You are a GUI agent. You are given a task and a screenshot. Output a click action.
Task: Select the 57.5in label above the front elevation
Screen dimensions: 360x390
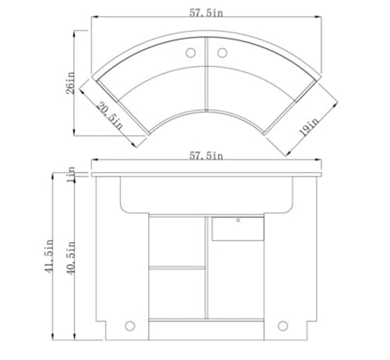pyautogui.click(x=206, y=156)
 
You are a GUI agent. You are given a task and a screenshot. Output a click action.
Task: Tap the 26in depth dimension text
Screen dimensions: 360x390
pyautogui.click(x=70, y=81)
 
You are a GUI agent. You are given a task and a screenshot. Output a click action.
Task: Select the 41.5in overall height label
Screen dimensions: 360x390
pyautogui.click(x=48, y=257)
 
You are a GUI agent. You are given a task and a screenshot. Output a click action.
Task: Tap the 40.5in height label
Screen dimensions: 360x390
pyautogui.click(x=71, y=257)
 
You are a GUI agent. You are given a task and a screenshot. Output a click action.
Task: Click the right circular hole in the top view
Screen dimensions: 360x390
pyautogui.click(x=222, y=53)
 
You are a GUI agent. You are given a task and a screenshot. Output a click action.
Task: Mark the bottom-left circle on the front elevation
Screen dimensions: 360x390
pyautogui.click(x=130, y=325)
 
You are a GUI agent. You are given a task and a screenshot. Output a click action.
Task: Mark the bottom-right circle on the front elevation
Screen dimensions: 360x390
pyautogui.click(x=283, y=325)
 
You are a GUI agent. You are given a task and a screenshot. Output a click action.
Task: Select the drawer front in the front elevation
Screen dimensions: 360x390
pyautogui.click(x=238, y=228)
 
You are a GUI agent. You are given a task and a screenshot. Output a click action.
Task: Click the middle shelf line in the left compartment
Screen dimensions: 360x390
pyautogui.click(x=177, y=267)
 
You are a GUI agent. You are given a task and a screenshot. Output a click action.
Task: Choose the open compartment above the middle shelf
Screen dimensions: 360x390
pyautogui.click(x=177, y=242)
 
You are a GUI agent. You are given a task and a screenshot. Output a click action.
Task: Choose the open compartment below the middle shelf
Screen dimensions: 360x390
pyautogui.click(x=177, y=293)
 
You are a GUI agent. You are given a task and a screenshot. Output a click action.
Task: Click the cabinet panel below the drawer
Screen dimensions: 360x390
pyautogui.click(x=238, y=281)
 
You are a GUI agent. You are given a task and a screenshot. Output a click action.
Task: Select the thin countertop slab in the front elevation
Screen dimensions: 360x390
pyautogui.click(x=207, y=174)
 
